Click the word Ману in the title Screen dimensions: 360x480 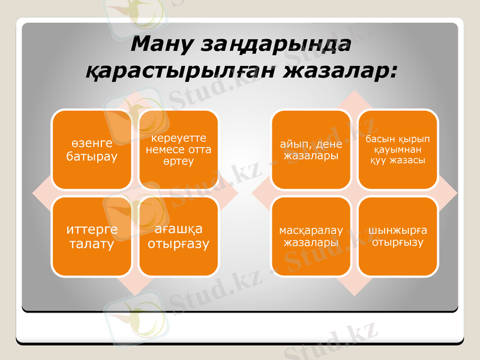coord(163,45)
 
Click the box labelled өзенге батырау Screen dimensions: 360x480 coord(92,150)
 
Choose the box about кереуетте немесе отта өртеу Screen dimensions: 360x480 coord(178,150)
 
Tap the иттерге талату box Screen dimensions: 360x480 coord(92,237)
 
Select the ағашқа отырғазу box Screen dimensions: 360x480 coord(178,237)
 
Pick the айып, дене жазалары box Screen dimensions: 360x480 coord(311,150)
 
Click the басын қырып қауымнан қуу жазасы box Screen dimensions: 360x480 coord(398,150)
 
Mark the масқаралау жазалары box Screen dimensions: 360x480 coord(311,237)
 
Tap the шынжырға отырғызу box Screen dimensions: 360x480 coord(398,237)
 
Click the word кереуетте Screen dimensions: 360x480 coord(178,139)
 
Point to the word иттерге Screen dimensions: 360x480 coord(92,230)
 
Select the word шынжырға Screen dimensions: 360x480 coord(398,231)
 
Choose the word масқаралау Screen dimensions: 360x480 coord(311,231)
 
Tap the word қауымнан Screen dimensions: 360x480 coord(398,150)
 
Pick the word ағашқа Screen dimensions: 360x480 coord(178,230)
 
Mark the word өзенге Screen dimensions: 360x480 coord(92,144)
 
